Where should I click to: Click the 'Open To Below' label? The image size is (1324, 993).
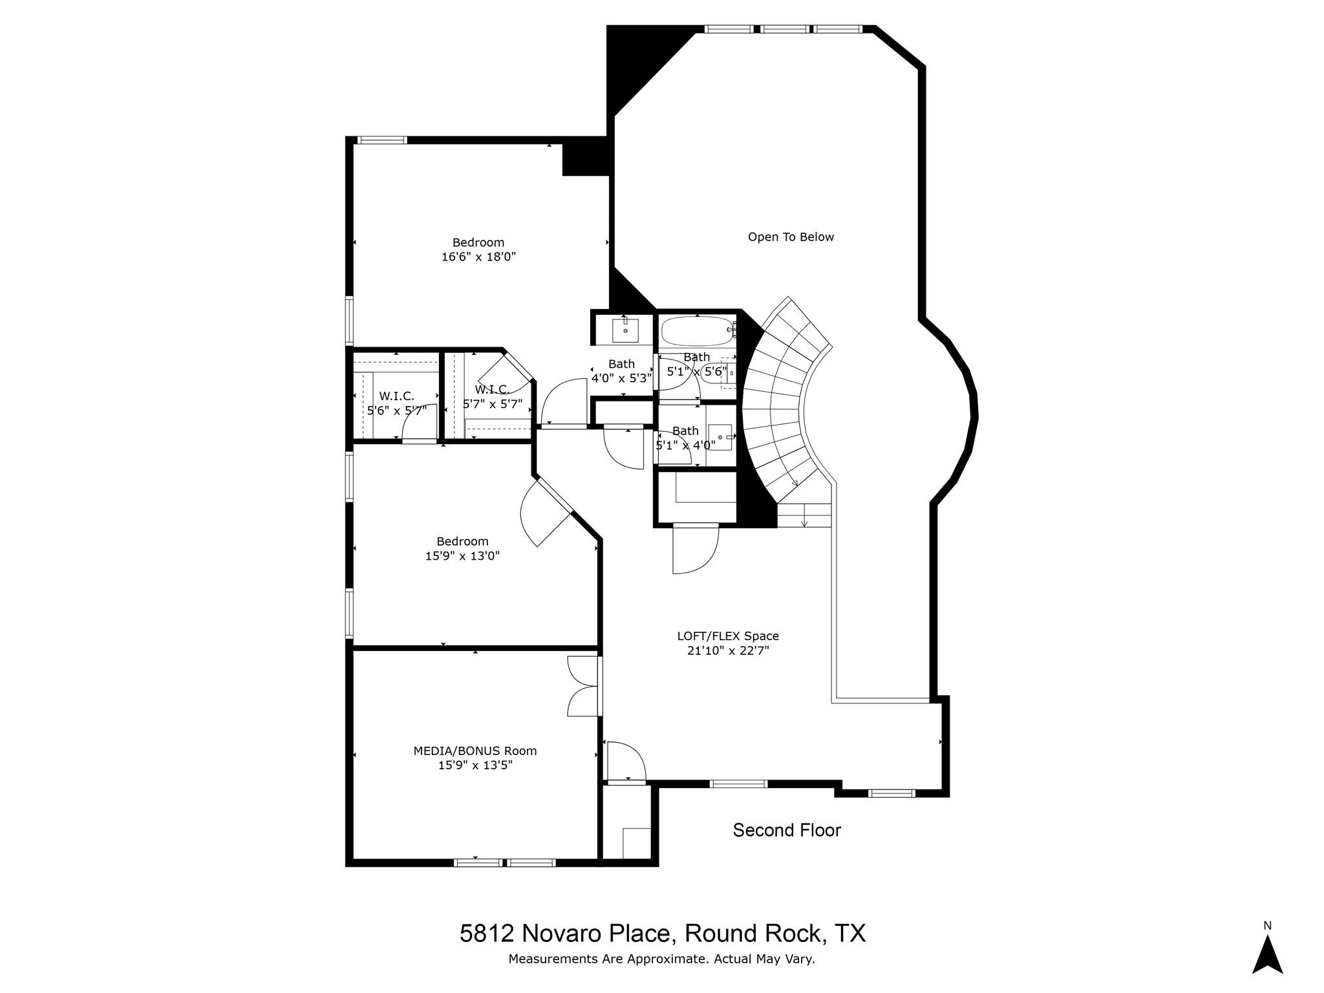click(x=790, y=237)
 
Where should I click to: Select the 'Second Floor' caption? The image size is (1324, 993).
click(x=786, y=830)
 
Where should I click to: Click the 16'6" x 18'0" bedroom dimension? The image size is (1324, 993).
click(x=478, y=257)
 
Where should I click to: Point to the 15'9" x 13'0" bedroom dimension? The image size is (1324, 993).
click(x=462, y=556)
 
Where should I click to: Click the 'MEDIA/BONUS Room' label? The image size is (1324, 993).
click(x=475, y=751)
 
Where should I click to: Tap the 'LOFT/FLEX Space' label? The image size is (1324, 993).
click(x=728, y=636)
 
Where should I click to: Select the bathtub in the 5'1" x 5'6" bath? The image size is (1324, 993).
click(x=696, y=330)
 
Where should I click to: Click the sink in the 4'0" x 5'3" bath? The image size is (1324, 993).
click(x=625, y=330)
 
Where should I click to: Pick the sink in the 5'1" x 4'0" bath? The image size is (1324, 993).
click(x=720, y=437)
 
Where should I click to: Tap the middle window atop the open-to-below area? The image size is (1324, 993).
click(x=784, y=29)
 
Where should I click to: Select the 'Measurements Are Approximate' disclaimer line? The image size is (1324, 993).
click(x=661, y=959)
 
